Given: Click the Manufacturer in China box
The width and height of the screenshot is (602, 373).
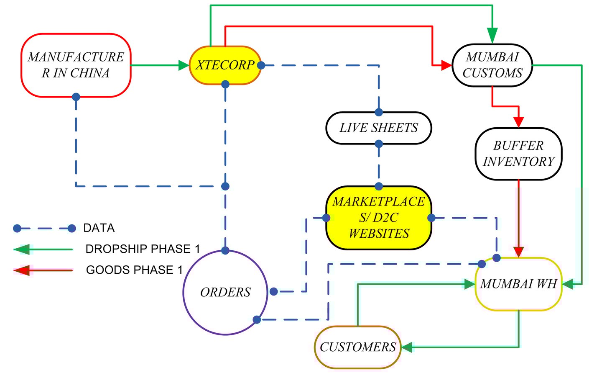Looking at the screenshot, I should pyautogui.click(x=76, y=65).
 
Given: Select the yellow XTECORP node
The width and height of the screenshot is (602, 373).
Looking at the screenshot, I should pyautogui.click(x=225, y=65).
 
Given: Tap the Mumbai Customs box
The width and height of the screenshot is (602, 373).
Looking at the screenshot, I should pyautogui.click(x=492, y=65).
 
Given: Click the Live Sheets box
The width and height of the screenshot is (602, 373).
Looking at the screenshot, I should pyautogui.click(x=378, y=128).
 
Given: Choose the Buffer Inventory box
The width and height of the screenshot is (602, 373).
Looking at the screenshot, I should pyautogui.click(x=518, y=154).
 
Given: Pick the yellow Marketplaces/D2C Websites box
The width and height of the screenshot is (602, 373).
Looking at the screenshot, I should pyautogui.click(x=378, y=218).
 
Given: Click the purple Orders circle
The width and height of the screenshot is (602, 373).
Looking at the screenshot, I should pyautogui.click(x=225, y=292).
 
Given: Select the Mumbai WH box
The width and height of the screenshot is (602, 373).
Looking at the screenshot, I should pyautogui.click(x=518, y=284).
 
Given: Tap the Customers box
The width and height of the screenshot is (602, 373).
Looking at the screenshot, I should pyautogui.click(x=357, y=347).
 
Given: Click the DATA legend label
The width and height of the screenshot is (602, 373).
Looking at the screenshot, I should pyautogui.click(x=99, y=228).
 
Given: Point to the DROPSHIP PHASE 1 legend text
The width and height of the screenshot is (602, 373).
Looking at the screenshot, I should pyautogui.click(x=143, y=249).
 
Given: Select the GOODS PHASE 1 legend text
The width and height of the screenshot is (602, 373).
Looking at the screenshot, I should pyautogui.click(x=134, y=270).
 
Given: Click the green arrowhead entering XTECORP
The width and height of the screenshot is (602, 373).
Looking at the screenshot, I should pyautogui.click(x=184, y=65).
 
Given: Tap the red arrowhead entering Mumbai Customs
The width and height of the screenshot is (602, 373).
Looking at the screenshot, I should pyautogui.click(x=446, y=65).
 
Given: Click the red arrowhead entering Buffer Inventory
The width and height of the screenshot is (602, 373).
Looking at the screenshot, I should pyautogui.click(x=518, y=122).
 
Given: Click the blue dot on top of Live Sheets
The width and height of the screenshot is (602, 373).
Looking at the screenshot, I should pyautogui.click(x=379, y=112).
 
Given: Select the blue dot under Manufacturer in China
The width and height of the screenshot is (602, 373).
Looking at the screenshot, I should pyautogui.click(x=76, y=97).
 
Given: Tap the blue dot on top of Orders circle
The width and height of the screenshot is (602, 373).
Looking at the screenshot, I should pyautogui.click(x=225, y=251).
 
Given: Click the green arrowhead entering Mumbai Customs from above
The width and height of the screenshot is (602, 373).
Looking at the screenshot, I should pyautogui.click(x=492, y=35).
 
